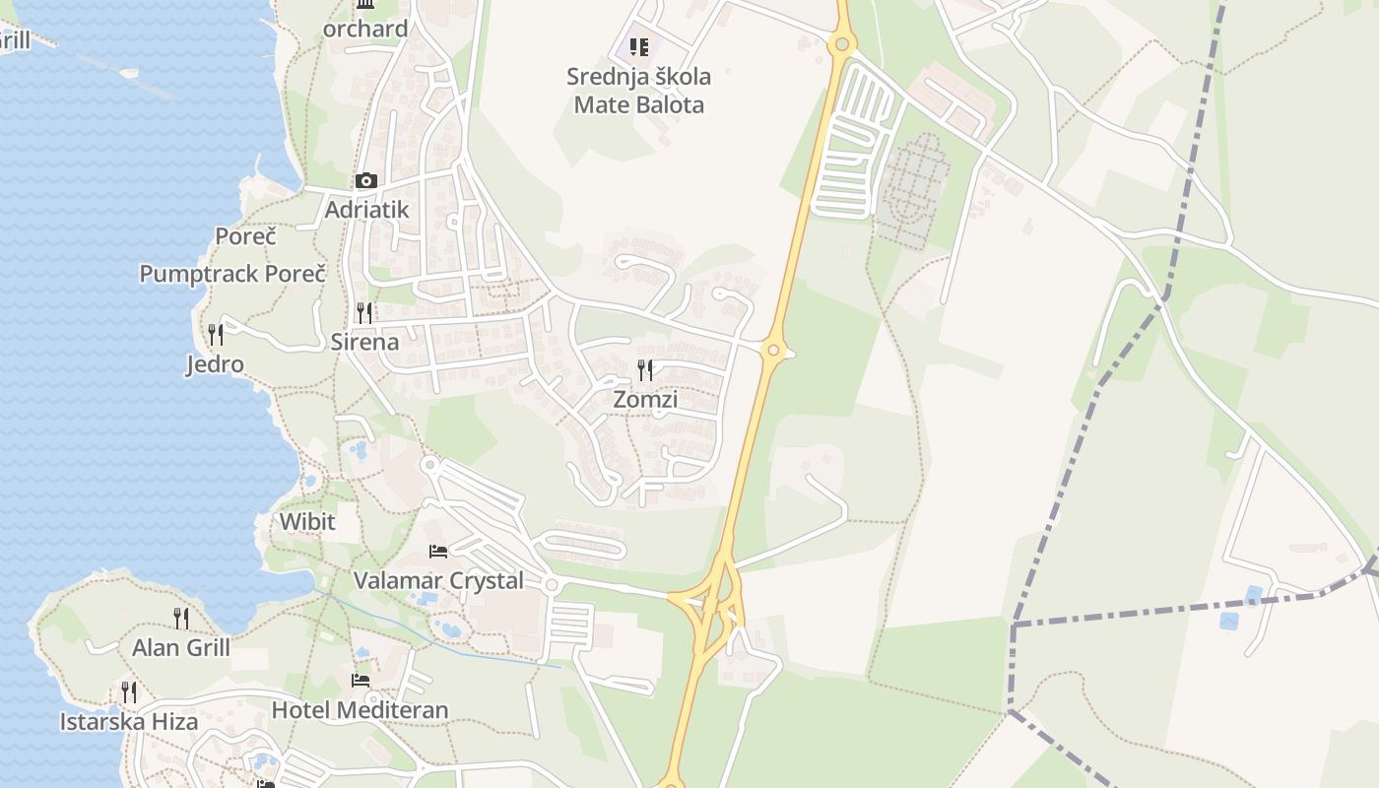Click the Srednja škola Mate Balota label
click(x=638, y=90)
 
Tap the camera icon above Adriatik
click(x=365, y=180)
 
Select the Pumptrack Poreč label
click(x=232, y=273)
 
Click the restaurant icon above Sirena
click(x=364, y=313)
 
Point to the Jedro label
click(x=215, y=364)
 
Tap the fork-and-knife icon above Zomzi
click(x=645, y=370)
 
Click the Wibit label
click(x=307, y=521)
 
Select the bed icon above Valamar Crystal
click(x=438, y=551)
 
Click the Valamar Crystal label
click(x=438, y=580)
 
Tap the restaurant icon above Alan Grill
click(x=181, y=618)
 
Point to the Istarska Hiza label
click(x=129, y=721)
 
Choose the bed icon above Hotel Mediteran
click(x=361, y=680)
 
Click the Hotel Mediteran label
click(x=360, y=709)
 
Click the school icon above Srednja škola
click(x=638, y=46)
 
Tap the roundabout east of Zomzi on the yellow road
click(x=773, y=350)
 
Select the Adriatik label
click(x=366, y=210)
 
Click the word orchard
click(x=365, y=29)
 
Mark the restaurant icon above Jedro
click(x=215, y=335)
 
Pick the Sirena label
click(x=364, y=342)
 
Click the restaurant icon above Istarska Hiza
click(x=129, y=691)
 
